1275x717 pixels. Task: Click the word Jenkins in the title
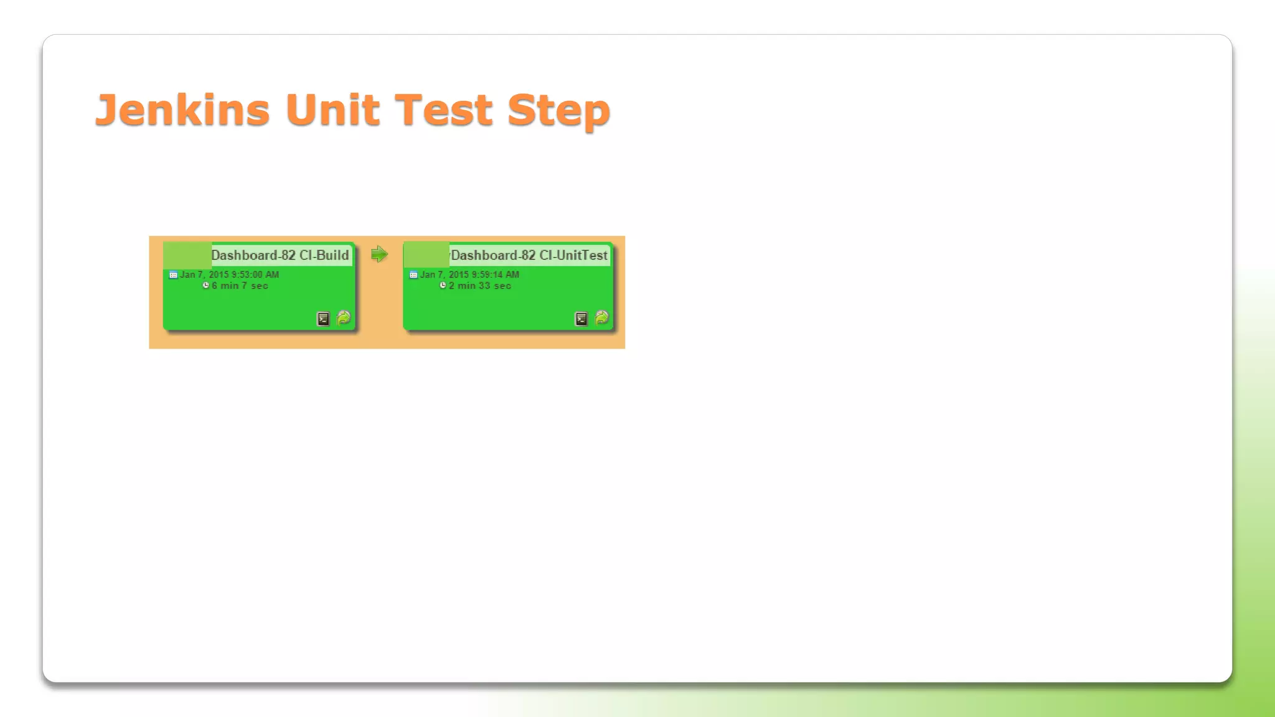point(182,110)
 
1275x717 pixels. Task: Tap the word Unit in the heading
point(332,110)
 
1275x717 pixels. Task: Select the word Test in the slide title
point(443,110)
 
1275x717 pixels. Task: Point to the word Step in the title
point(558,111)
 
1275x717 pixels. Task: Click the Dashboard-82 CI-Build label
point(280,255)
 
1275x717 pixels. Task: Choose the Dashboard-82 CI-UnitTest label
point(529,255)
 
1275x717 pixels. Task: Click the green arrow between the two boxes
point(379,254)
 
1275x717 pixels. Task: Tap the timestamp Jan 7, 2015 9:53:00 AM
point(229,274)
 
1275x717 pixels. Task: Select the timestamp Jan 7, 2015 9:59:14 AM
point(469,274)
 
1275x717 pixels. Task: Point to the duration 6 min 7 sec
point(240,286)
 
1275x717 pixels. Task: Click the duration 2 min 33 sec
point(479,286)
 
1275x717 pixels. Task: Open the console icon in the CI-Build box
point(323,319)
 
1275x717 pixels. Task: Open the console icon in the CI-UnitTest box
point(581,319)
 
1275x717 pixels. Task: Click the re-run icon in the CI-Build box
point(344,318)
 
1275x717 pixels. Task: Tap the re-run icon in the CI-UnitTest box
point(601,318)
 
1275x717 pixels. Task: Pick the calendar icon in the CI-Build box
point(173,274)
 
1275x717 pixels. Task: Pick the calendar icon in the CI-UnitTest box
point(413,274)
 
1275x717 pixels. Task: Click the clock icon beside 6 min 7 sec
point(206,286)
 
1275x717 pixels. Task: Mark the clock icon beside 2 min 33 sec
point(443,286)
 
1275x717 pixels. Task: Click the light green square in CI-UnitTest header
point(426,255)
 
